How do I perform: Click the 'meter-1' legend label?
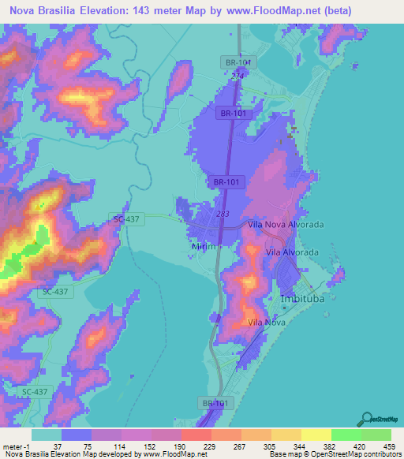16,446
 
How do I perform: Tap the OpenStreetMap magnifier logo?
368,419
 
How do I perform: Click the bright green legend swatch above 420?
346,435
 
